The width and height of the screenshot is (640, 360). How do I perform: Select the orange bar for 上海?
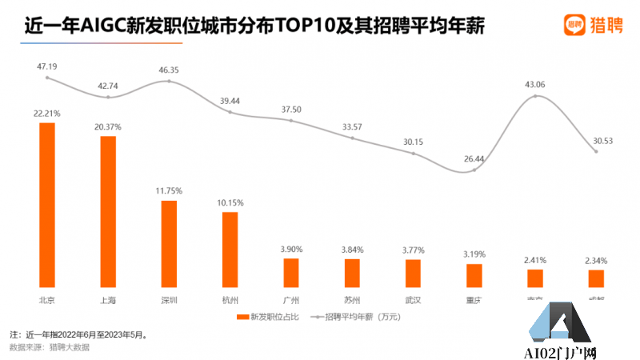tap(108, 211)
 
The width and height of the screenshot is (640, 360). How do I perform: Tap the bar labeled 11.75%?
tap(169, 243)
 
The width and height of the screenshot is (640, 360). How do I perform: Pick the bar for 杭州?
tap(230, 249)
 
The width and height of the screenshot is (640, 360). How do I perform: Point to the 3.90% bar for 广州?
tap(291, 272)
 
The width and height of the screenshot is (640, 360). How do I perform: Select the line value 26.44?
tap(474, 158)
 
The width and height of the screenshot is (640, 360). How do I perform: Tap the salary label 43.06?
tap(535, 84)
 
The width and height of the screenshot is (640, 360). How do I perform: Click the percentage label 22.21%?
tap(47, 114)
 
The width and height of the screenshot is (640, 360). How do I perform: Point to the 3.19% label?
tap(474, 254)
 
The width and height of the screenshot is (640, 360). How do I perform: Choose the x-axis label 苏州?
tap(352, 300)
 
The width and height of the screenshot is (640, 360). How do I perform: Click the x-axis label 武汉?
tap(413, 300)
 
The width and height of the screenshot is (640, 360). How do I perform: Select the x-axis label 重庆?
tap(474, 300)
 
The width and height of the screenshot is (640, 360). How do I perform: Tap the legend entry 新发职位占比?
tap(267, 318)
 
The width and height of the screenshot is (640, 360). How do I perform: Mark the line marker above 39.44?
tap(230, 112)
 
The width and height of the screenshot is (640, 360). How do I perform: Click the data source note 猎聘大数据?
tap(64, 346)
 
